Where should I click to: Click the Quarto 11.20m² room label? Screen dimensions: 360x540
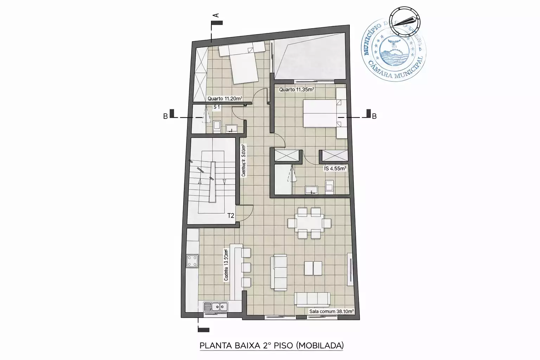pos(224,99)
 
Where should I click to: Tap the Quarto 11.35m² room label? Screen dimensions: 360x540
pos(296,90)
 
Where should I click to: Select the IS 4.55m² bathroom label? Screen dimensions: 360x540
pos(335,169)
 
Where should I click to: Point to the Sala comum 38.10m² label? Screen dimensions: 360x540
pos(331,311)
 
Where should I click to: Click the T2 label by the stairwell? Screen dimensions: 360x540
pos(231,216)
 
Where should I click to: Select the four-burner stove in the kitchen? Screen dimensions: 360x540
pos(192,261)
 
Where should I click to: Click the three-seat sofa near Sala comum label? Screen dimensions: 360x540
pos(313,299)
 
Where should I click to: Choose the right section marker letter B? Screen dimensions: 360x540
pos(374,116)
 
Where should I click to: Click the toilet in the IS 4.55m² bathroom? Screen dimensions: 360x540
pos(329,187)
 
